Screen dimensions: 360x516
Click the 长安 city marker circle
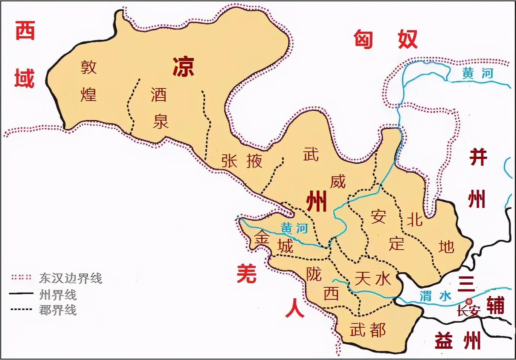point(469,301)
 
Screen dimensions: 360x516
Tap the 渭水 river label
point(435,296)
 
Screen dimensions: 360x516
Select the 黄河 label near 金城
point(294,228)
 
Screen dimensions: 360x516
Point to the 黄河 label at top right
point(478,73)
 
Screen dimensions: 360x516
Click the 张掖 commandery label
point(241,161)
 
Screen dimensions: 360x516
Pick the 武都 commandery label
point(368,330)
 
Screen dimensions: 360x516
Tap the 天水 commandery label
point(372,279)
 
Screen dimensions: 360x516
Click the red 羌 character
point(247,274)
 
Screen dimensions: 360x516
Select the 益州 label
point(458,341)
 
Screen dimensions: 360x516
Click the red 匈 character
point(363,39)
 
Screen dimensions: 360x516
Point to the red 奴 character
point(408,39)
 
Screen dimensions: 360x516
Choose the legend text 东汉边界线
point(71,278)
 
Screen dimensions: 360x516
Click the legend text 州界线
point(58,294)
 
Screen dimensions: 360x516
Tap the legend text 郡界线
point(58,310)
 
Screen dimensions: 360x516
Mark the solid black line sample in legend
point(21,294)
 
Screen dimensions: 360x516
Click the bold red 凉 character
point(183,67)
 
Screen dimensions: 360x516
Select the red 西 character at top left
point(25,31)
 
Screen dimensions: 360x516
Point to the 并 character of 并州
point(478,157)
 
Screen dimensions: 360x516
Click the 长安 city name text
point(468,311)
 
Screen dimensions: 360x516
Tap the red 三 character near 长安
point(466,284)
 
